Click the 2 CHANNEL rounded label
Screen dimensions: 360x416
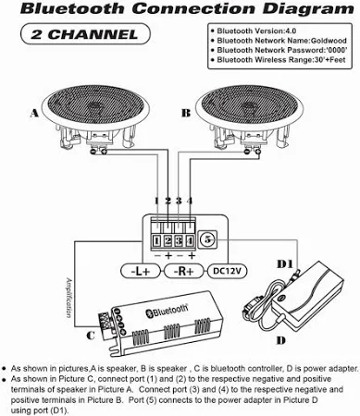85,33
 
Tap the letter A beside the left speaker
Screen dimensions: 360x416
34,114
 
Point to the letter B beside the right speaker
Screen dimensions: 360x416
186,114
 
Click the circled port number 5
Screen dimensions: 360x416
207,239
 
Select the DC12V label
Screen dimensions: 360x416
227,271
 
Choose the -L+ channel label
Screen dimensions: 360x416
141,271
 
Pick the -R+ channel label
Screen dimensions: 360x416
184,271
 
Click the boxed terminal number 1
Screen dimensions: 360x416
156,240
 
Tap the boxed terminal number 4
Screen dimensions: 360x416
190,240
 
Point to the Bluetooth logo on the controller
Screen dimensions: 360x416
167,311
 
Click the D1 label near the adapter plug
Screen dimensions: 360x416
284,264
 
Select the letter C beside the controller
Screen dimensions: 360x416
91,336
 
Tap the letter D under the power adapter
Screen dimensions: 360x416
281,340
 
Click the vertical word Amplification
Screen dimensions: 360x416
68,298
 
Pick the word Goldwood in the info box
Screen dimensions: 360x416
329,41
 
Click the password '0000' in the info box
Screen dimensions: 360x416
337,50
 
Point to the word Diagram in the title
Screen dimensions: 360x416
308,8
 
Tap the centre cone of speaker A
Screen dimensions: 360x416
94,105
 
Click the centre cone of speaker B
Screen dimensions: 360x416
249,105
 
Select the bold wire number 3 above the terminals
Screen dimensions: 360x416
179,201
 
